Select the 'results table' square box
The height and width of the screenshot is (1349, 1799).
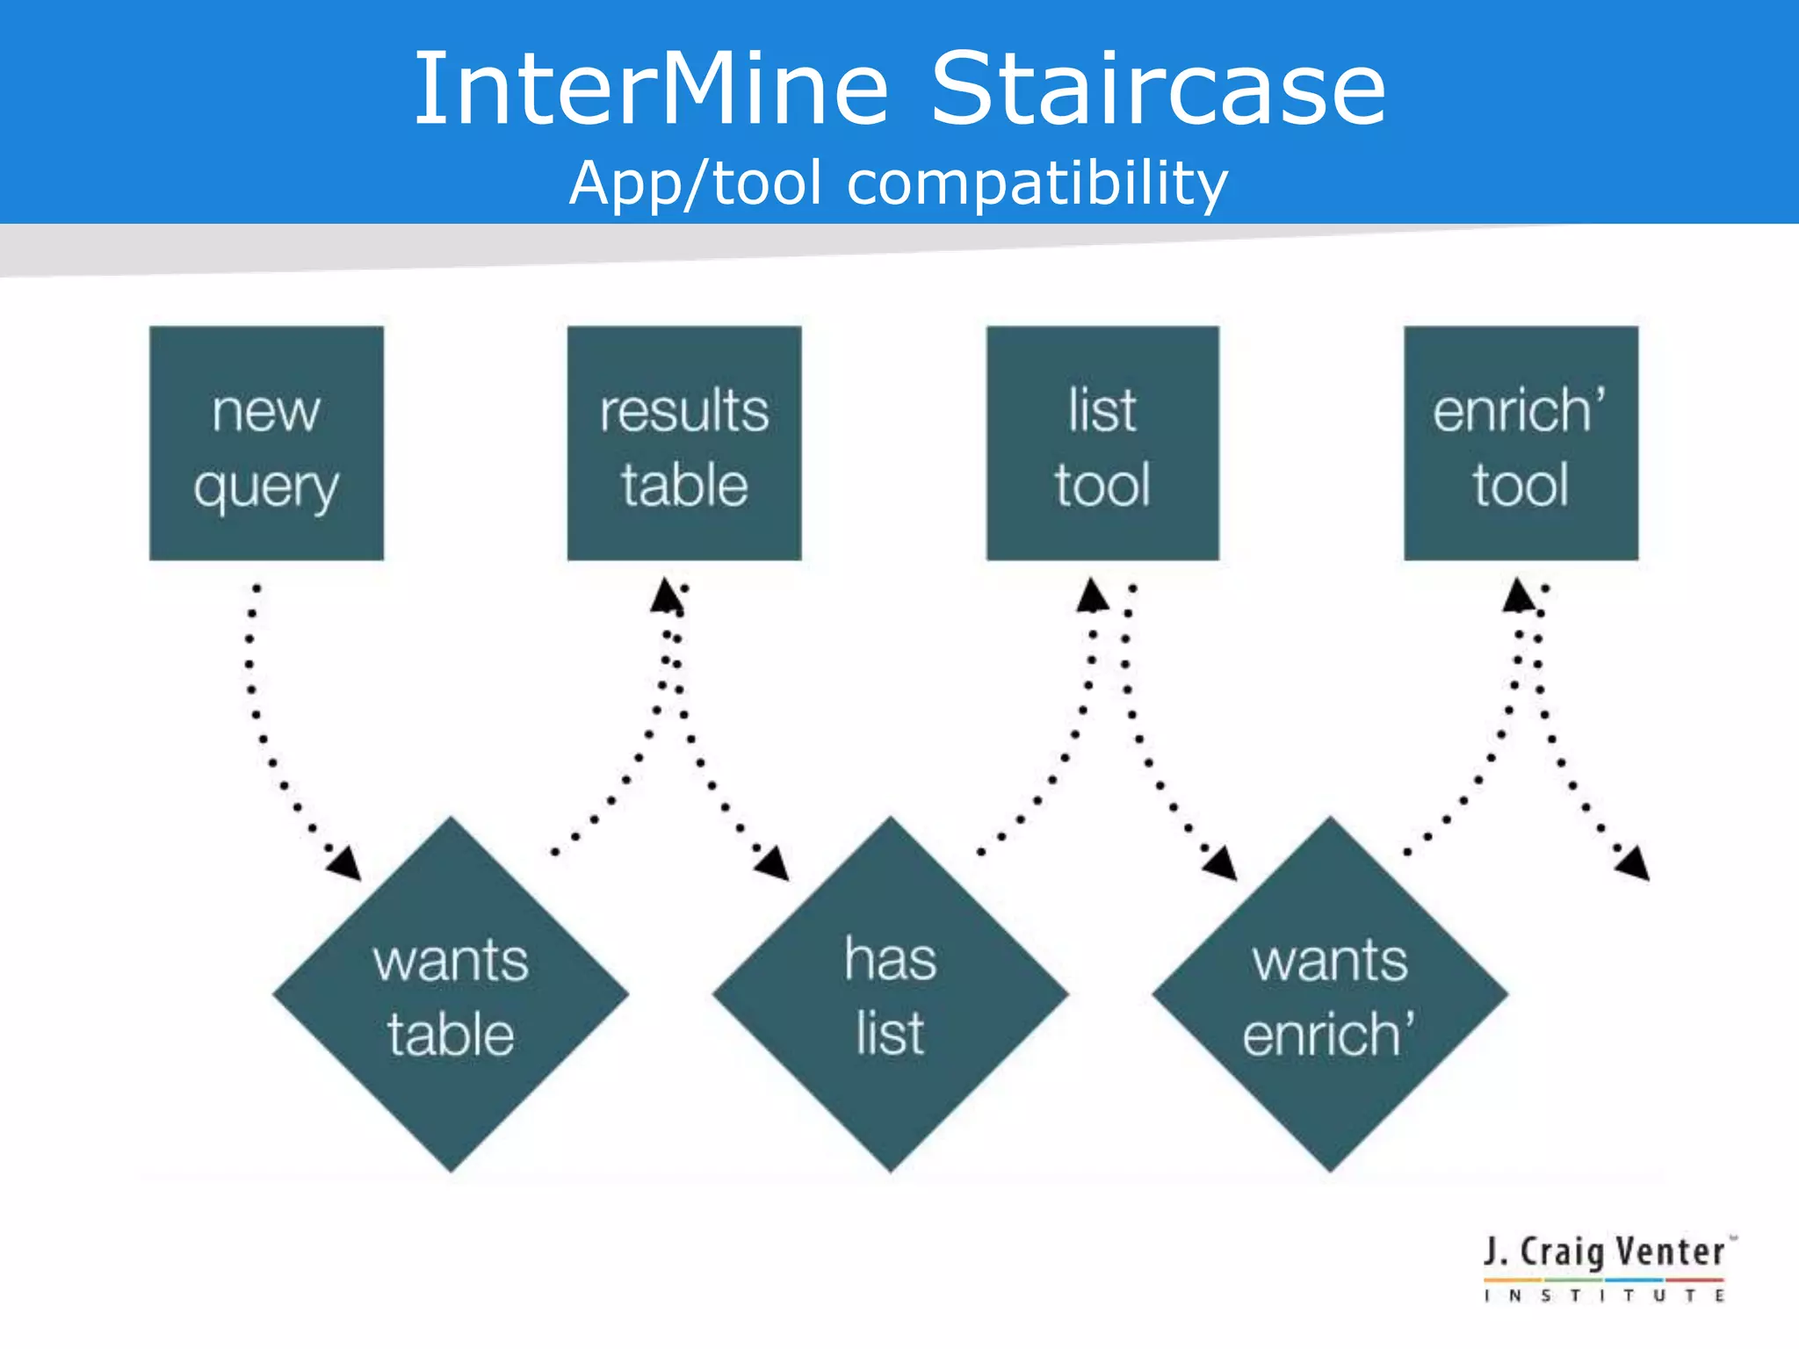click(684, 444)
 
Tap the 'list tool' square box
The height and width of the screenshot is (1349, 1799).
click(1102, 444)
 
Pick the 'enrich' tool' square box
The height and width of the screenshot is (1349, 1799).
click(1521, 444)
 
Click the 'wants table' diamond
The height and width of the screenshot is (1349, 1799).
click(451, 995)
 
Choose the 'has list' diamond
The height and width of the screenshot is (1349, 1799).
click(890, 995)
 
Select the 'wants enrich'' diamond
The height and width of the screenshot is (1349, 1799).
click(1330, 995)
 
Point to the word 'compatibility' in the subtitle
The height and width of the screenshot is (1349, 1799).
click(1037, 184)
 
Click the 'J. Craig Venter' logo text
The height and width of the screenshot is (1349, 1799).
click(1606, 1252)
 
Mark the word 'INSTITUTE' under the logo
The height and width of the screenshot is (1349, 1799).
click(1606, 1295)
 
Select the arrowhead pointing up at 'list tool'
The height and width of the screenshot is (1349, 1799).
click(1092, 595)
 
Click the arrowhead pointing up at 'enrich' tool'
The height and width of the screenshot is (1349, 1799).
click(1518, 595)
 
